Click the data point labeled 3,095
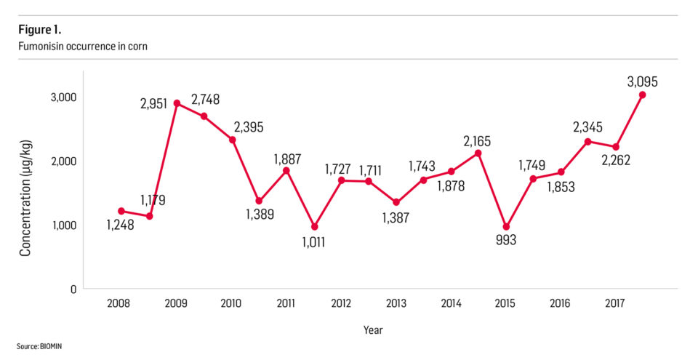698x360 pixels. pyautogui.click(x=643, y=95)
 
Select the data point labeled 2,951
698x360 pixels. pyautogui.click(x=177, y=103)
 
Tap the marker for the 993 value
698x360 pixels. pyautogui.click(x=506, y=227)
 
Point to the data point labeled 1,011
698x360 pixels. pyautogui.click(x=314, y=227)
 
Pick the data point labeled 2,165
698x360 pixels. pyautogui.click(x=478, y=153)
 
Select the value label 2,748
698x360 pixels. pyautogui.click(x=205, y=99)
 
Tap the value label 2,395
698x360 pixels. pyautogui.click(x=249, y=127)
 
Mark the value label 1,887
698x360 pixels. pyautogui.click(x=287, y=159)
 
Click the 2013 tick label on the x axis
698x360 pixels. pyautogui.click(x=396, y=303)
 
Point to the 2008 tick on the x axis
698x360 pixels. pyautogui.click(x=119, y=303)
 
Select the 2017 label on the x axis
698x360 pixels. pyautogui.click(x=615, y=303)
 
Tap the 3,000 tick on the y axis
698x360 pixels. pyautogui.click(x=64, y=97)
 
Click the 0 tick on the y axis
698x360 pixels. pyautogui.click(x=73, y=289)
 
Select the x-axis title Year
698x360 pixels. pyautogui.click(x=373, y=330)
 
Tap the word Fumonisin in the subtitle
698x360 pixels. pyautogui.click(x=42, y=47)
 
